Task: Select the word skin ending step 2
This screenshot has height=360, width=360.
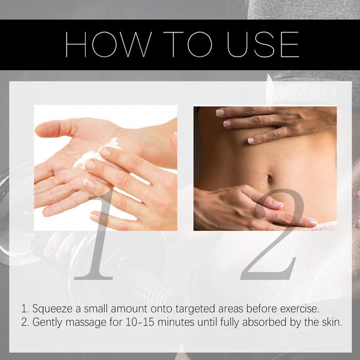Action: (x=331, y=322)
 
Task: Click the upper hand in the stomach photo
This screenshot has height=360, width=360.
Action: (x=270, y=123)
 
